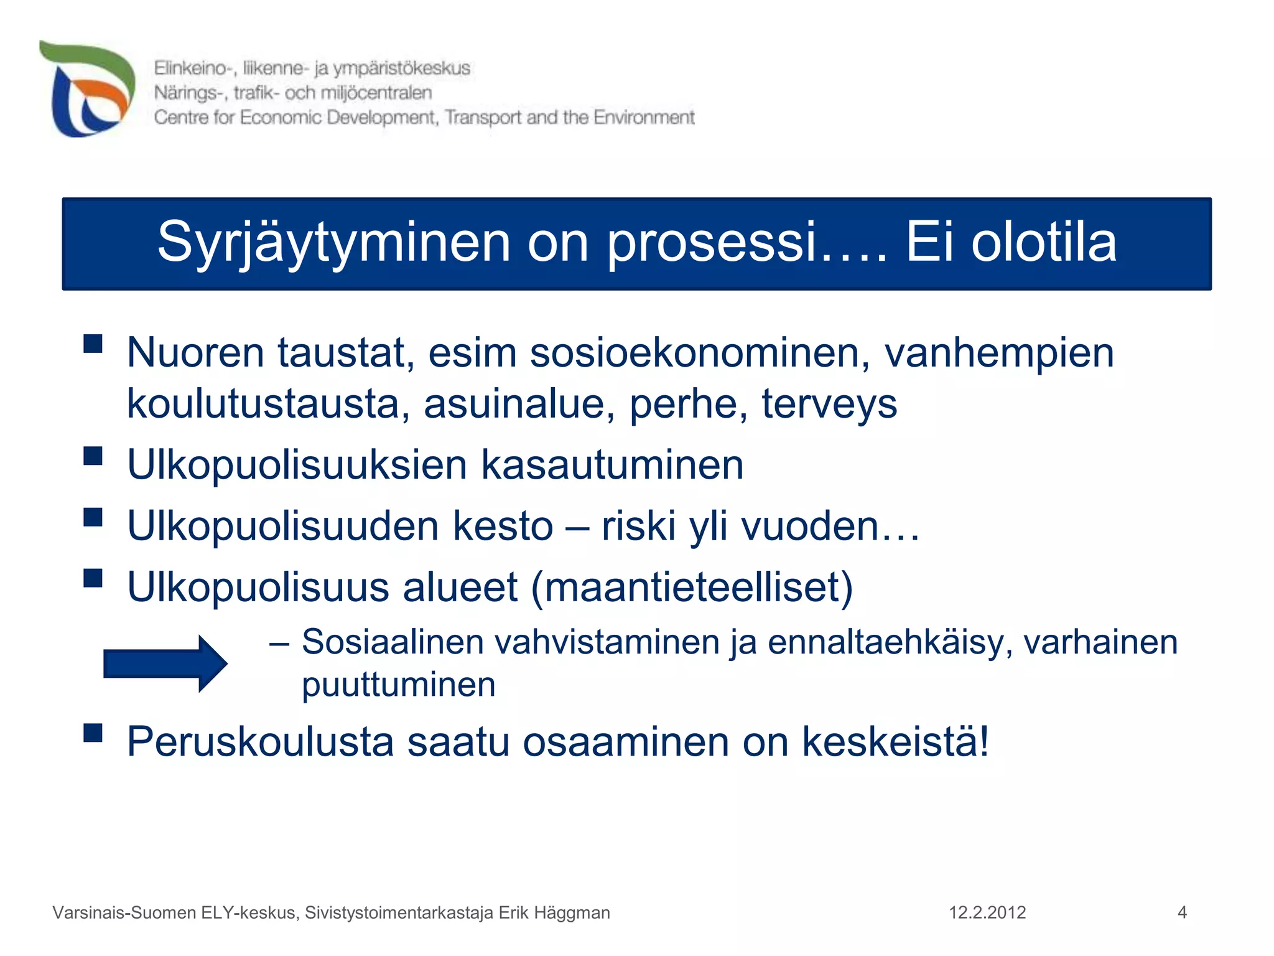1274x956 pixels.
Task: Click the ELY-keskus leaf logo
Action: coord(87,88)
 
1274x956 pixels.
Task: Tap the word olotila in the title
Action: coord(1044,243)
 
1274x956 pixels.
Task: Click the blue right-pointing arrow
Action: coord(165,663)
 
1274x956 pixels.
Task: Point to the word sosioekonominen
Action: coord(700,353)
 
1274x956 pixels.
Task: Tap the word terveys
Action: coord(829,405)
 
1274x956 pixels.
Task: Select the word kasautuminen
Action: coord(612,465)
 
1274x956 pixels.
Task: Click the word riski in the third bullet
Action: coord(638,526)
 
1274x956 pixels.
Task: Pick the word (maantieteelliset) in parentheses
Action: coord(692,587)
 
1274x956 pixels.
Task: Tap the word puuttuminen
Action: coord(398,685)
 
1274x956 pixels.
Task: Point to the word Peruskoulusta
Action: coord(260,741)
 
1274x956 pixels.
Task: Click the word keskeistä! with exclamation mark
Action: coord(895,741)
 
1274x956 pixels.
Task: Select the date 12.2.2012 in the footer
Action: coord(987,912)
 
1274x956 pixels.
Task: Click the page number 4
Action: coord(1182,912)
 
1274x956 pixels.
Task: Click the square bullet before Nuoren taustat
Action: coord(93,344)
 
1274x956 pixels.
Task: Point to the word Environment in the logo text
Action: coord(644,117)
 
